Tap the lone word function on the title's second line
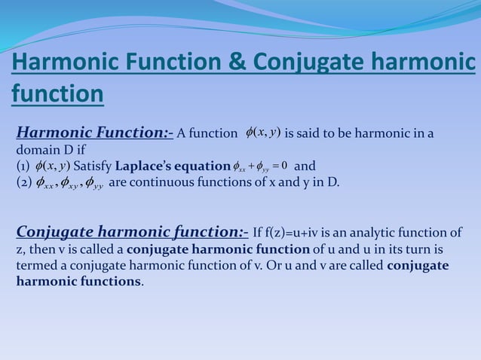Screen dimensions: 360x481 [57, 95]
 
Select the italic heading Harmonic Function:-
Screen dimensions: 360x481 [95, 134]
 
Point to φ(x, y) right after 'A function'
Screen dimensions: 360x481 [263, 133]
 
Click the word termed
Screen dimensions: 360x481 [37, 266]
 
